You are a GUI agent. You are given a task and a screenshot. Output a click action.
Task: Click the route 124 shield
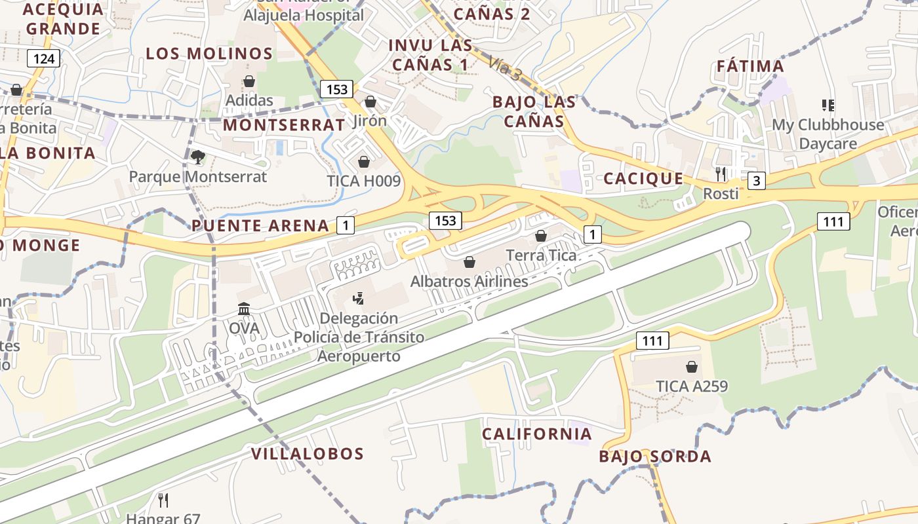pyautogui.click(x=44, y=59)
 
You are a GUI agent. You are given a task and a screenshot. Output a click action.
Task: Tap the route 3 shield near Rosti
pyautogui.click(x=757, y=180)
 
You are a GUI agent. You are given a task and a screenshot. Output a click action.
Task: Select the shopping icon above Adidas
pyautogui.click(x=249, y=81)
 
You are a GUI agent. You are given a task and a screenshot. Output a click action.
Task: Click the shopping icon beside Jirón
pyautogui.click(x=370, y=102)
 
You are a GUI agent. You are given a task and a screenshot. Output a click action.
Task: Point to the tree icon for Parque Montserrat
pyautogui.click(x=197, y=157)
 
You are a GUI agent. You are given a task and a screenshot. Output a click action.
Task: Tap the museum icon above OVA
pyautogui.click(x=244, y=309)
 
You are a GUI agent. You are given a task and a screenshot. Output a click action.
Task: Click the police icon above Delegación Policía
pyautogui.click(x=358, y=299)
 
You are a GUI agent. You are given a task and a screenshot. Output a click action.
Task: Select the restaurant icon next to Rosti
pyautogui.click(x=721, y=174)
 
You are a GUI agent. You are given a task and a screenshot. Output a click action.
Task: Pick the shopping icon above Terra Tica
pyautogui.click(x=541, y=236)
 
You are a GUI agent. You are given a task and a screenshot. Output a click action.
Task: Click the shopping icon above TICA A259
pyautogui.click(x=692, y=367)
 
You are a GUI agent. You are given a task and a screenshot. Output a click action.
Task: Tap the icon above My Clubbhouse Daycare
pyautogui.click(x=828, y=105)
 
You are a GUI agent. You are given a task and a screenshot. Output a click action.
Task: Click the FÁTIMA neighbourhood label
pyautogui.click(x=750, y=66)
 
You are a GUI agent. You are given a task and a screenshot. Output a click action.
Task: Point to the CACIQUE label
pyautogui.click(x=643, y=179)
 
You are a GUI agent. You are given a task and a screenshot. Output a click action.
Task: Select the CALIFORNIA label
pyautogui.click(x=537, y=434)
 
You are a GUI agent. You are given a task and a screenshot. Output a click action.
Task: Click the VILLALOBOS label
pyautogui.click(x=308, y=453)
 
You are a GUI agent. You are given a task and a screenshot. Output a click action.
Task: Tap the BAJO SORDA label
pyautogui.click(x=655, y=457)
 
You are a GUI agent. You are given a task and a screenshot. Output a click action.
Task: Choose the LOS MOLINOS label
pyautogui.click(x=209, y=54)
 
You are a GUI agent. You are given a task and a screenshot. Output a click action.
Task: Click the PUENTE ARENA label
pyautogui.click(x=260, y=226)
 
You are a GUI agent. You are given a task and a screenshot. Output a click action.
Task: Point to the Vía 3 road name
pyautogui.click(x=505, y=68)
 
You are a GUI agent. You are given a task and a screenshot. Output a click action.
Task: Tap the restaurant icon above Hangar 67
pyautogui.click(x=163, y=500)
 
